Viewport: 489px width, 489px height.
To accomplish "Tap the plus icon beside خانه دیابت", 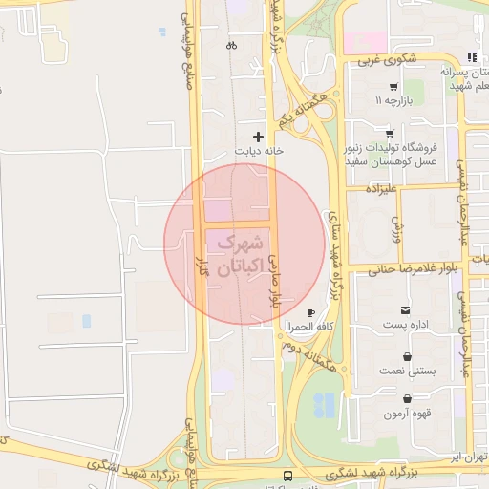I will [x=258, y=138].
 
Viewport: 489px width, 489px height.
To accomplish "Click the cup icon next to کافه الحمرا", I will [x=309, y=312].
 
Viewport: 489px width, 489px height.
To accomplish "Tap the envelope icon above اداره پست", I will [x=407, y=310].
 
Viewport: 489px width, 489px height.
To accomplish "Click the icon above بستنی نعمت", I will [x=409, y=356].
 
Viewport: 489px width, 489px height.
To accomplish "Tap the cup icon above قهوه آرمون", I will [x=409, y=399].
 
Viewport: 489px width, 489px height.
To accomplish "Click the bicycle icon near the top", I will [x=231, y=45].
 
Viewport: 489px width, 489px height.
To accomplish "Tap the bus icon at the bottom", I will [x=287, y=475].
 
